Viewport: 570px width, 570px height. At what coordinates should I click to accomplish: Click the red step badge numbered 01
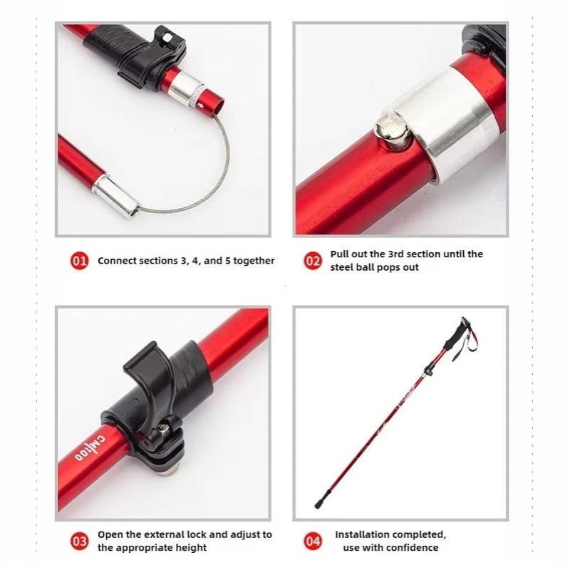click(x=79, y=261)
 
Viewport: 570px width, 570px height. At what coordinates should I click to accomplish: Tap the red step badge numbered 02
click(x=313, y=261)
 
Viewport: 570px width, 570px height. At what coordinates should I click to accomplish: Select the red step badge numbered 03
click(x=79, y=541)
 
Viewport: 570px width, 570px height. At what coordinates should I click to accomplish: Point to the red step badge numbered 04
click(x=313, y=541)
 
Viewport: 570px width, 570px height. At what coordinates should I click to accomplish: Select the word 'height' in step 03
click(x=191, y=547)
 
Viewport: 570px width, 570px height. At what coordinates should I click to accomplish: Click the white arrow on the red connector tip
click(x=201, y=106)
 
